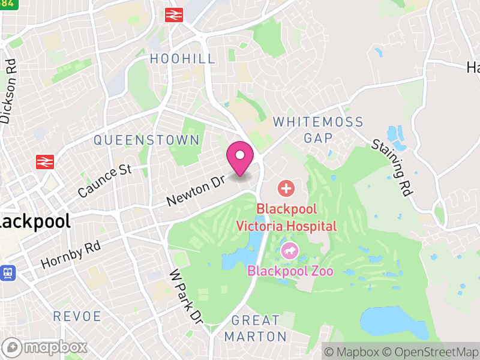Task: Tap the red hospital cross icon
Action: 286,189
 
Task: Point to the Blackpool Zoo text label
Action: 290,271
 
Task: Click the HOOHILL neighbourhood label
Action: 182,58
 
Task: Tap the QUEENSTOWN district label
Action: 146,140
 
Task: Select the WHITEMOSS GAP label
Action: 318,130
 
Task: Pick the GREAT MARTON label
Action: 256,328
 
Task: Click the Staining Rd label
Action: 392,168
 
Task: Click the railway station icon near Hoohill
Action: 173,15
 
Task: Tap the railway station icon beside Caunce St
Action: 45,161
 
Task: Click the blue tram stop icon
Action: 7,272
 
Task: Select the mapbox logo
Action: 46,347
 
